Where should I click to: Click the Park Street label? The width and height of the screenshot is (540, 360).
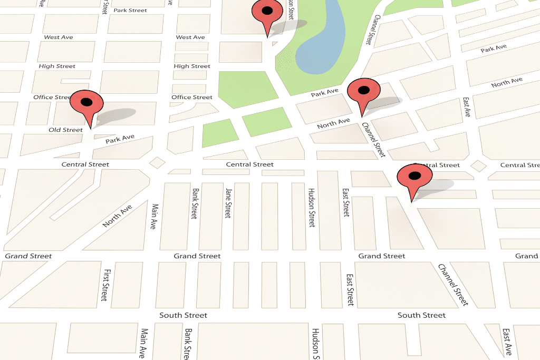click(130, 11)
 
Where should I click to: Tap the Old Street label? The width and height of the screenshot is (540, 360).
click(66, 130)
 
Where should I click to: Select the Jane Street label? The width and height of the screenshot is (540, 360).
click(228, 203)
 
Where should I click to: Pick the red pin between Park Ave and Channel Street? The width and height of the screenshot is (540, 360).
click(363, 92)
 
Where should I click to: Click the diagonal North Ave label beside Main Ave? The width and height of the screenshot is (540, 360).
click(117, 217)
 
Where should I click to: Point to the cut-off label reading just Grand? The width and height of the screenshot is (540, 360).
click(526, 256)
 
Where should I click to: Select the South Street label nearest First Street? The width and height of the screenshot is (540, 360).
click(184, 315)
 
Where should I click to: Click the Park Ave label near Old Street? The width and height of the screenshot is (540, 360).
click(120, 140)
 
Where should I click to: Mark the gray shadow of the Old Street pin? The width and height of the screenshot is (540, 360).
click(117, 115)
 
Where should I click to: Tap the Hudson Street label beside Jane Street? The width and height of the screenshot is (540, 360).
click(312, 207)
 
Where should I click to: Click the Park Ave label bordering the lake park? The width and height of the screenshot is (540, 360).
click(324, 93)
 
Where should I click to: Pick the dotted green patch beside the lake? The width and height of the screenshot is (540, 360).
click(286, 58)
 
